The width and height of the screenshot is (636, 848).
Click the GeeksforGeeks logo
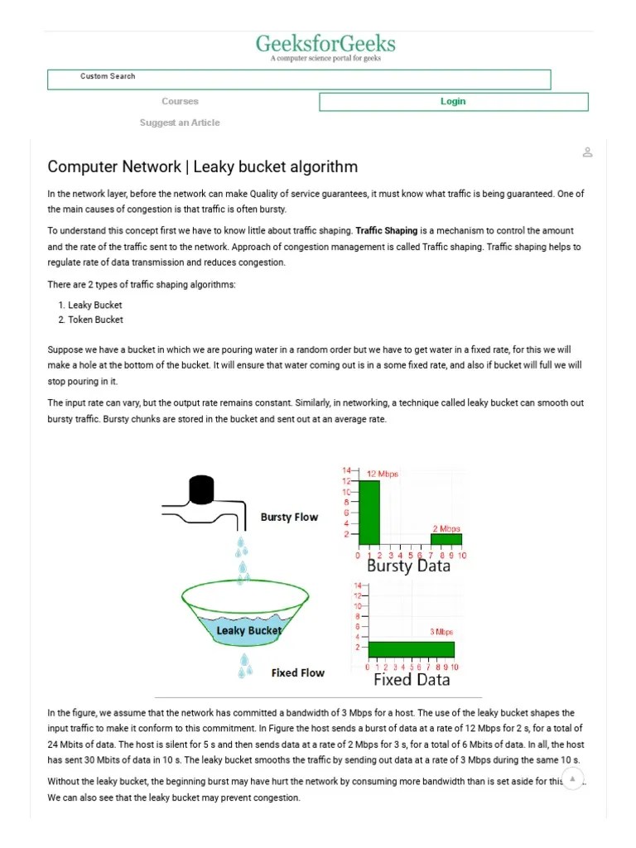click(x=325, y=46)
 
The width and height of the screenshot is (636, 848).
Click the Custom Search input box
click(x=299, y=79)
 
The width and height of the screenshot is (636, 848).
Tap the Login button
click(x=453, y=102)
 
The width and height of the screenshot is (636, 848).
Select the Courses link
click(x=180, y=102)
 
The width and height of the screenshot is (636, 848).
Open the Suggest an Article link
click(x=180, y=123)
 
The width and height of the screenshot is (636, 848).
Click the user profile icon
click(x=587, y=152)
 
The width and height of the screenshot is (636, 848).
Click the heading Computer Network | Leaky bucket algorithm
click(x=203, y=166)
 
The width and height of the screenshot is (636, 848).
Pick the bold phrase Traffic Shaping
click(x=387, y=231)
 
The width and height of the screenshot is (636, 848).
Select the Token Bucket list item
click(x=95, y=320)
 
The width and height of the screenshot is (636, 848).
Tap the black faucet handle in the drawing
click(x=201, y=490)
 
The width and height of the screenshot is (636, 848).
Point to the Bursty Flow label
click(x=289, y=518)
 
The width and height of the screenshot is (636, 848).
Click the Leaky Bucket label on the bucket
click(x=248, y=630)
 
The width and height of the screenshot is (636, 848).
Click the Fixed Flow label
click(x=298, y=673)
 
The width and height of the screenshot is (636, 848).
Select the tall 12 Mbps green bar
click(x=369, y=513)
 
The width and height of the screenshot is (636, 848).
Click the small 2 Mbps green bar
click(x=446, y=539)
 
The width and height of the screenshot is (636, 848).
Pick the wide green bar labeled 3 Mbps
click(x=412, y=649)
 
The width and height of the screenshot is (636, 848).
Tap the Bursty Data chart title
click(x=408, y=566)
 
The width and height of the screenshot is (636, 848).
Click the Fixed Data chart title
click(x=412, y=680)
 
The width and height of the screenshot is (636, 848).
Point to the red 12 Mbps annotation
click(x=382, y=475)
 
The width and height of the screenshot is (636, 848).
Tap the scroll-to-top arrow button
click(x=572, y=779)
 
